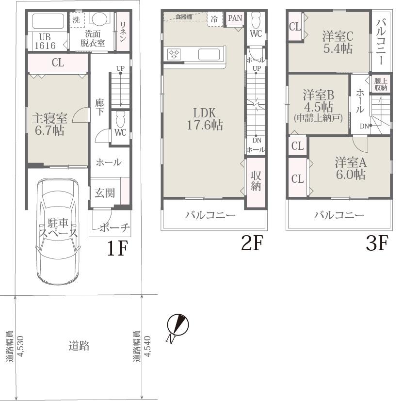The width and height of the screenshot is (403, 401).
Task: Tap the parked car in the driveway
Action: tap(58, 231)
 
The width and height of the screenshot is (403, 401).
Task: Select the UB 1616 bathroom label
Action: tap(45, 41)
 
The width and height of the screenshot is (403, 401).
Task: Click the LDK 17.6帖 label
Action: tap(205, 119)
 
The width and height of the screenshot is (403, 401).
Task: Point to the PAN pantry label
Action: tap(235, 18)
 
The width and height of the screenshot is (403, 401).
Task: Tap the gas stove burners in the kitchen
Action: tap(174, 54)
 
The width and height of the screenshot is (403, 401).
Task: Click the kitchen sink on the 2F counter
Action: tap(209, 54)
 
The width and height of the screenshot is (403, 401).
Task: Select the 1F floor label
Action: tap(117, 248)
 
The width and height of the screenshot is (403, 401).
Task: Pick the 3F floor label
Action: tap(377, 243)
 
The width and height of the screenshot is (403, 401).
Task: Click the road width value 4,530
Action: tap(20, 346)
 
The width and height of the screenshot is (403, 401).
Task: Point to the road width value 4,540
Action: tap(147, 346)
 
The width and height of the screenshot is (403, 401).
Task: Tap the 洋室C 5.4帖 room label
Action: tap(338, 42)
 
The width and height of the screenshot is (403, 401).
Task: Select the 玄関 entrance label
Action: tap(105, 193)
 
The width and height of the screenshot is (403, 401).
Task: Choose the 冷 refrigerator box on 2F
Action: tap(215, 19)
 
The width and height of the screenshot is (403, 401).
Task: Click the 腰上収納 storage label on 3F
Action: tap(381, 84)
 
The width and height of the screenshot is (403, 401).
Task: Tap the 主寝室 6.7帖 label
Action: tap(49, 125)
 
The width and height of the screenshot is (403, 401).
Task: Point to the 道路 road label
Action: tap(79, 346)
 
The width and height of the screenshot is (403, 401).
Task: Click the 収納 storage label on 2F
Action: tap(256, 181)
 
